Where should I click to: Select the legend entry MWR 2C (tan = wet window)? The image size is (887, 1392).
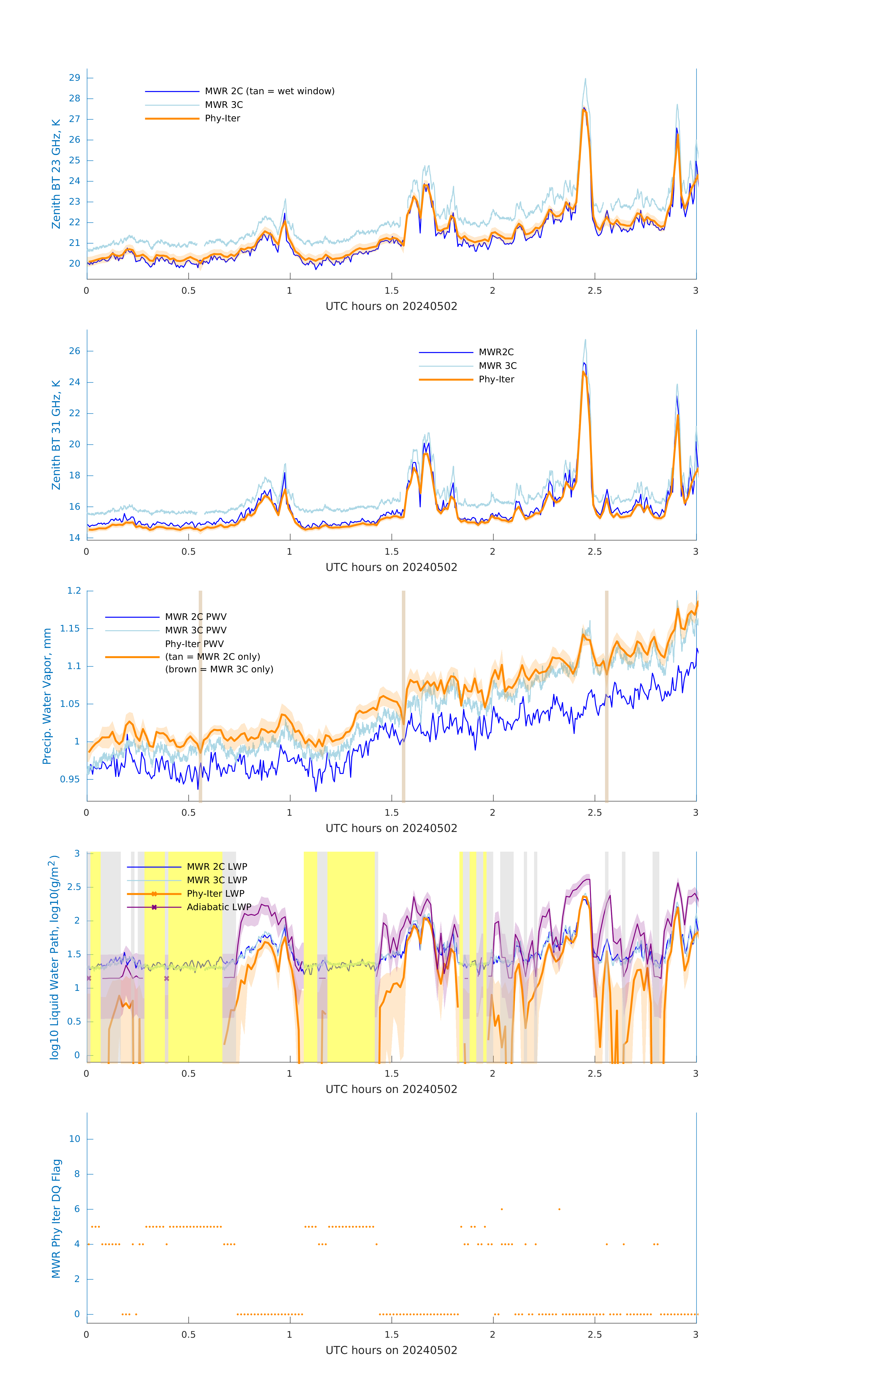pyautogui.click(x=269, y=91)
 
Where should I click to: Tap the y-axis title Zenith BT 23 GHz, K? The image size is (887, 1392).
pyautogui.click(x=56, y=174)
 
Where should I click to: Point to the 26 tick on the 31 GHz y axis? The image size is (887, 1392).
pyautogui.click(x=74, y=351)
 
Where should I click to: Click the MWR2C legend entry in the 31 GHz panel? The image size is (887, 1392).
pyautogui.click(x=496, y=352)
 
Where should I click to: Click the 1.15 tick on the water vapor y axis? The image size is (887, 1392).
pyautogui.click(x=70, y=628)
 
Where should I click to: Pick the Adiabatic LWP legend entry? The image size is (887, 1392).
pyautogui.click(x=218, y=907)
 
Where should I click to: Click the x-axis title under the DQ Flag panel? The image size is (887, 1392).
pyautogui.click(x=391, y=1350)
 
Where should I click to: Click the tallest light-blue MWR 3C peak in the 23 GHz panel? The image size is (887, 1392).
pyautogui.click(x=585, y=79)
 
